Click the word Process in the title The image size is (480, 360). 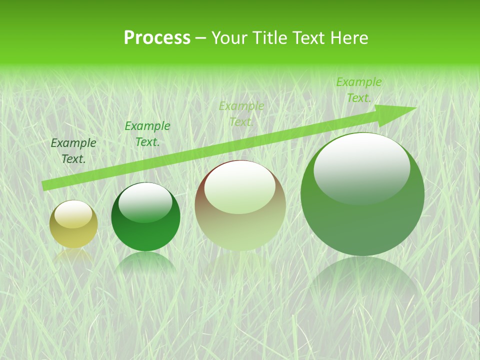157,38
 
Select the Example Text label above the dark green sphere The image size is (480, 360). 147,134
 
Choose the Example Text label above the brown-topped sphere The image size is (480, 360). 241,114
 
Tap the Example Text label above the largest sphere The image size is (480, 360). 359,90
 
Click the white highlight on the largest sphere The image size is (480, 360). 361,167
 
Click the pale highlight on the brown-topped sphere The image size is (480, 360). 239,188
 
